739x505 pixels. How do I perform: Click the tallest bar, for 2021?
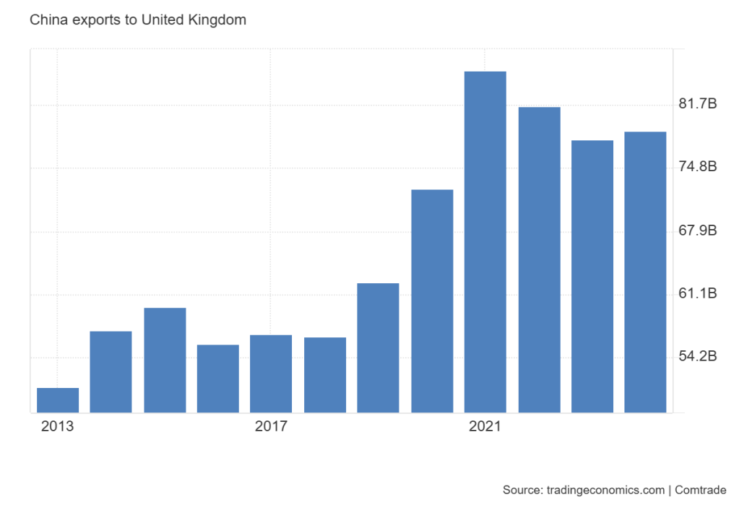[485, 242]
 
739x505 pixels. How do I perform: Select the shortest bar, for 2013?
[58, 400]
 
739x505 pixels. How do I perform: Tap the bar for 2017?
[271, 374]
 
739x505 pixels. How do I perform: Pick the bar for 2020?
[432, 301]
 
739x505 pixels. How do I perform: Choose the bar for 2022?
[539, 259]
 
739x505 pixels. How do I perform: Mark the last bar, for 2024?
[645, 272]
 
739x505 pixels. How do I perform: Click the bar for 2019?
[378, 348]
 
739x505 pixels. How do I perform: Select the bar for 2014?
[111, 371]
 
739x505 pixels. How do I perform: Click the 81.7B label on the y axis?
[698, 105]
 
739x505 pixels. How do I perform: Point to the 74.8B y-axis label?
[698, 168]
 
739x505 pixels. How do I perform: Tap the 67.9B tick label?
[698, 231]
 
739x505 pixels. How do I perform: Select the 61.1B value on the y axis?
[698, 294]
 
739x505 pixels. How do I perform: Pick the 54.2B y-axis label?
[698, 357]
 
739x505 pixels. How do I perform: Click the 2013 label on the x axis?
[57, 426]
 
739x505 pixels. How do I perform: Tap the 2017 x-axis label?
[271, 426]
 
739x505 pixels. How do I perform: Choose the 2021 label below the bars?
[485, 426]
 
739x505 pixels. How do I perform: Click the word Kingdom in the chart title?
[218, 20]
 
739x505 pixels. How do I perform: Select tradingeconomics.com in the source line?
[603, 491]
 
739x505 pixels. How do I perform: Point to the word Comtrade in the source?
[701, 491]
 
